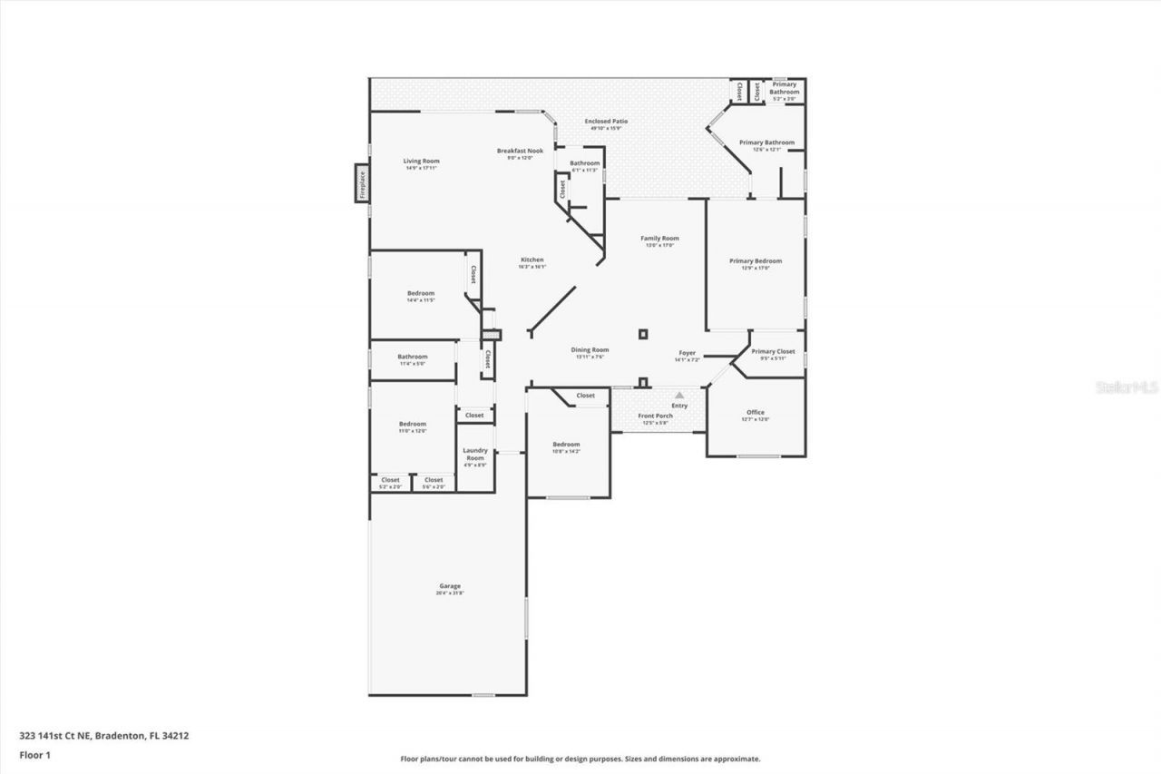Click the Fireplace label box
click(x=361, y=183)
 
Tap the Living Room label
click(x=421, y=161)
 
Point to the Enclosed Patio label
click(x=606, y=121)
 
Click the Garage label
click(x=450, y=586)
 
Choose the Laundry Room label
click(x=475, y=454)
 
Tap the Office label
click(x=755, y=412)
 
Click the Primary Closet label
click(x=773, y=351)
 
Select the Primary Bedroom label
click(x=756, y=260)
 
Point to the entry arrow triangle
click(x=678, y=396)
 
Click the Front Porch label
click(x=655, y=416)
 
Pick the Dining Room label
click(x=590, y=349)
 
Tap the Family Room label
click(x=660, y=238)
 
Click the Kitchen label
click(x=532, y=260)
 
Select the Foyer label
click(x=688, y=353)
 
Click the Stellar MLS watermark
click(x=1127, y=387)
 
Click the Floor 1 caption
click(x=34, y=754)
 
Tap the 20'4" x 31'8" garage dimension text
click(x=450, y=593)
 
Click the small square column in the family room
click(x=643, y=333)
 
